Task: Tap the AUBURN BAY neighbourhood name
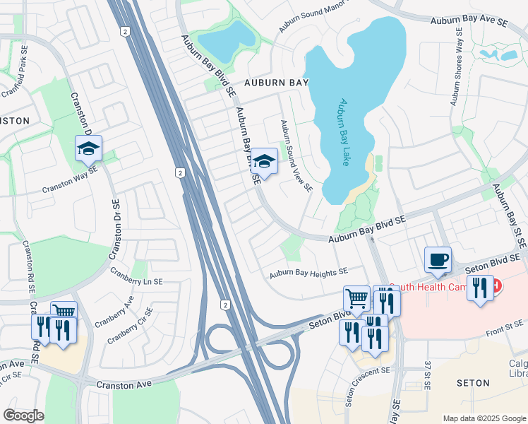point(277,83)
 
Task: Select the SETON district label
point(473,383)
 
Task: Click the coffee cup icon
point(438,259)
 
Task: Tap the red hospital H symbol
point(497,285)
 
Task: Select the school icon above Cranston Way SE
point(89,148)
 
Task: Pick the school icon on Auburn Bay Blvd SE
point(265,160)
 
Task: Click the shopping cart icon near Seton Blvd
point(357,298)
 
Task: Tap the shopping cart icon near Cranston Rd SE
point(64,311)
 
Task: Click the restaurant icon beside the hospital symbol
point(480,287)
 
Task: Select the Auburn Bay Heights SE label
point(308,272)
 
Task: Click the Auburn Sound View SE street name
point(296,155)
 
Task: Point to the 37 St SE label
point(428,374)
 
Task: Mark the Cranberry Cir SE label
point(130,325)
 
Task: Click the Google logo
point(23,416)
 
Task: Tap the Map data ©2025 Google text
point(484,418)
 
